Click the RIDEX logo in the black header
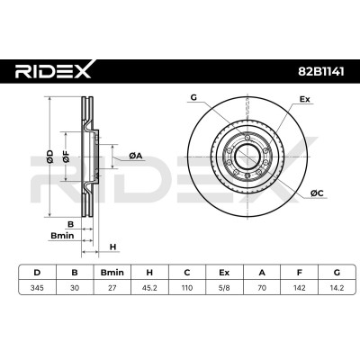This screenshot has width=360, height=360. click(53, 71)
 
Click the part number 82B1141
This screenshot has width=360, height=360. click(320, 71)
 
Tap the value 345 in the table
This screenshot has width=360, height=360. click(37, 288)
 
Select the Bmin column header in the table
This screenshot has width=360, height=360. click(112, 273)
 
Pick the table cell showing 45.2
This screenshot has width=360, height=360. click(149, 288)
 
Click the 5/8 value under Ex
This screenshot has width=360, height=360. click(224, 288)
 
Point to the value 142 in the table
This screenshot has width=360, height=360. click(300, 288)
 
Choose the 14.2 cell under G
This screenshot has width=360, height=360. click(337, 288)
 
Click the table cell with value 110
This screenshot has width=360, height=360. click(187, 288)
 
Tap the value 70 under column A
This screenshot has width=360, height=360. click(262, 288)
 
